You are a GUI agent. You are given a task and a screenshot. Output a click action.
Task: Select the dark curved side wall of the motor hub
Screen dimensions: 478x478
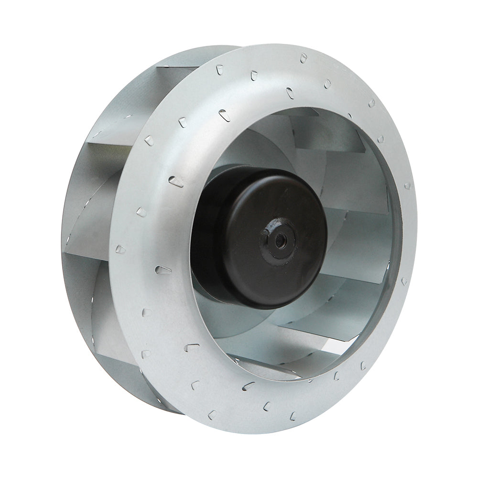pos(210,239)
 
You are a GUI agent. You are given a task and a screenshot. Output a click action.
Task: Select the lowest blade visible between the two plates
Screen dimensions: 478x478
pos(124,382)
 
